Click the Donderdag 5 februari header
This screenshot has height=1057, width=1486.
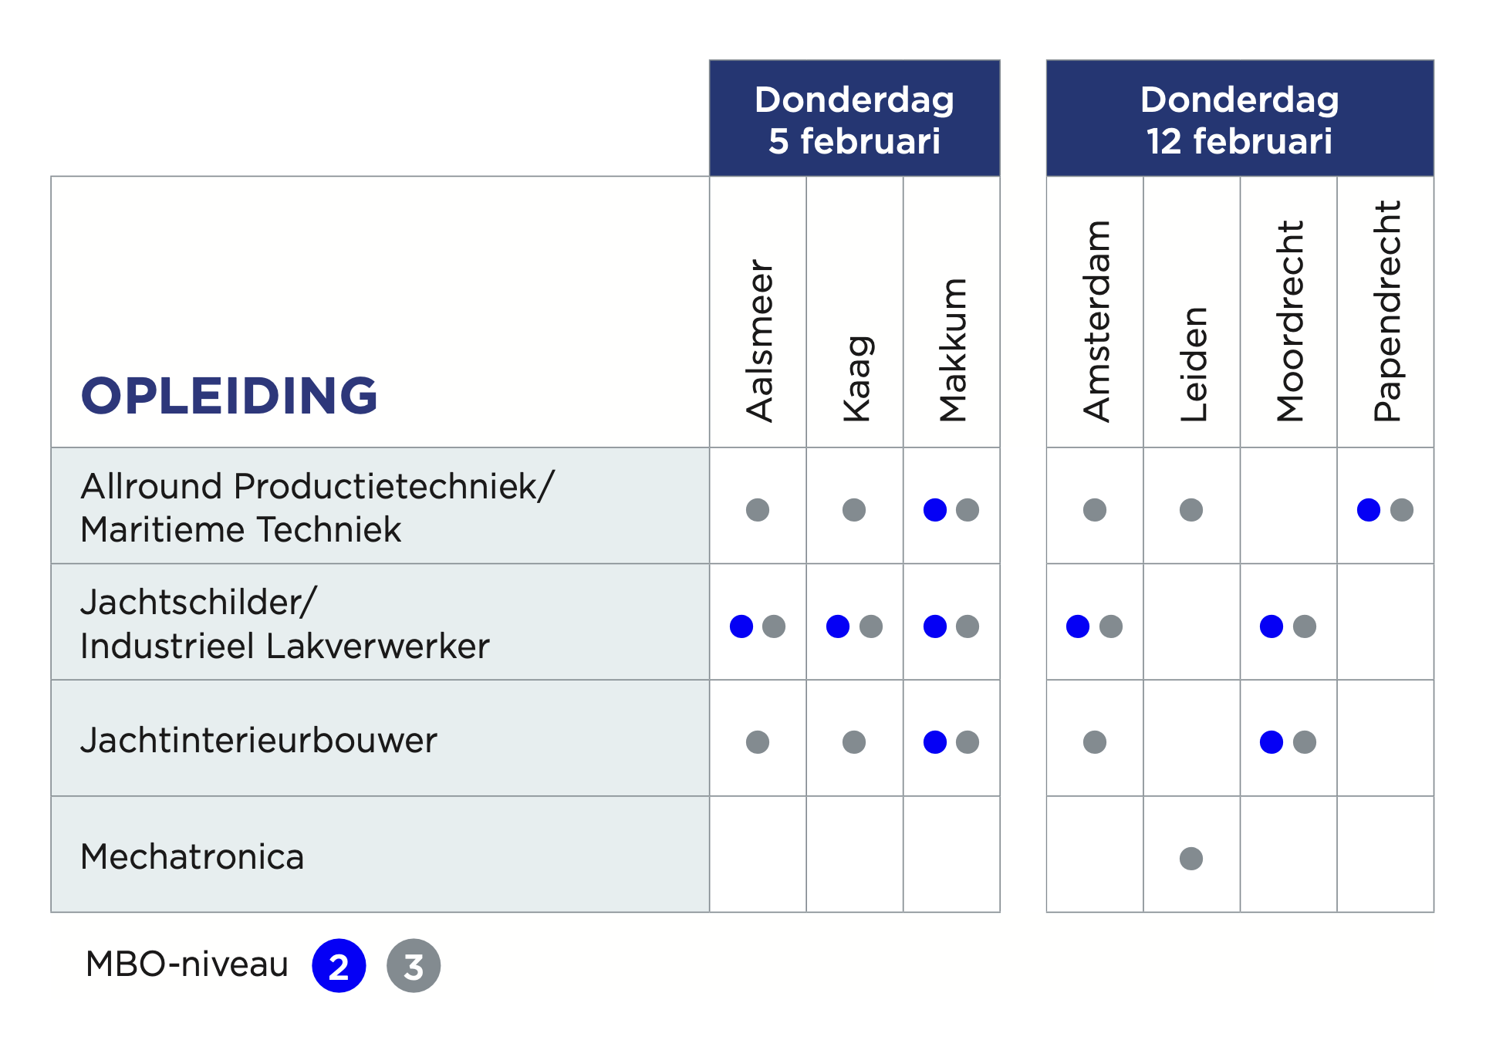(854, 120)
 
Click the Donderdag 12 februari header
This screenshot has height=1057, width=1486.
(1239, 120)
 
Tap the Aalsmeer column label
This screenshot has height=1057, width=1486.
(759, 340)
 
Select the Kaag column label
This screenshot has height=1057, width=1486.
(856, 379)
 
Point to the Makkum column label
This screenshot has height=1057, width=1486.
(953, 350)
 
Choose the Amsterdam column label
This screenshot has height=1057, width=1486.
(1096, 321)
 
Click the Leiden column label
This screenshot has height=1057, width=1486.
(1193, 364)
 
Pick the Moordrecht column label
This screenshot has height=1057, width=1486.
(1289, 321)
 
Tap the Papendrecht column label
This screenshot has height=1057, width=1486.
(1386, 311)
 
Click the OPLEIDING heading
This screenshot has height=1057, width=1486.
(229, 396)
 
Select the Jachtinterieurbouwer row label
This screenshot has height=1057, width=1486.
(258, 741)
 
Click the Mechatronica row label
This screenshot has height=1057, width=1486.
(192, 857)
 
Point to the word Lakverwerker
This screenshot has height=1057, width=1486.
(377, 647)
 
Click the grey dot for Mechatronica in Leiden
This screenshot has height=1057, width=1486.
(1191, 858)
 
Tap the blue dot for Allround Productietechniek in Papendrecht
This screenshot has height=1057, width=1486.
(1369, 510)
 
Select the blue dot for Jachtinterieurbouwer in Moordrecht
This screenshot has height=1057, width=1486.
(1272, 742)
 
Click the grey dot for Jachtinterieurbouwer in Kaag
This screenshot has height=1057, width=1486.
(854, 742)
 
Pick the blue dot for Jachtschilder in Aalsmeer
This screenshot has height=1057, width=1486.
(741, 626)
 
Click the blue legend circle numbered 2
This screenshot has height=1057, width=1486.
(339, 966)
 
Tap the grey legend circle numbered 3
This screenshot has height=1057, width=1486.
(414, 966)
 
